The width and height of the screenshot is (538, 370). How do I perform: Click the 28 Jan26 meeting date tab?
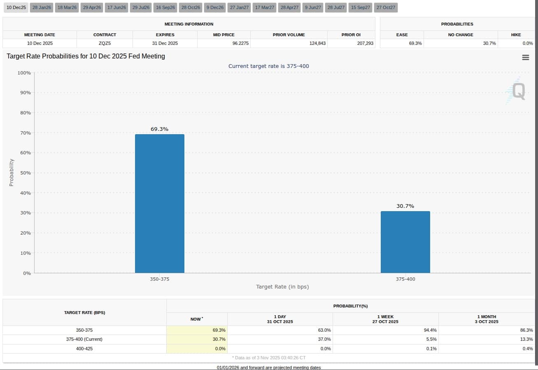coord(42,7)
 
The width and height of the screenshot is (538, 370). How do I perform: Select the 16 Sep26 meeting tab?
coord(165,7)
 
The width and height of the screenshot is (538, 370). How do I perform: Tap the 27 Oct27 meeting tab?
coord(386,7)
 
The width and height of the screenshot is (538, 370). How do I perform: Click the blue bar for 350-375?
coord(160,203)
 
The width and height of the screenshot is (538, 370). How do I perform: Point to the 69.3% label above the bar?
coord(159,129)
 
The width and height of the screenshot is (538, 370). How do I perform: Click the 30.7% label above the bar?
coord(405,206)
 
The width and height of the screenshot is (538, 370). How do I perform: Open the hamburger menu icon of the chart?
coord(525,58)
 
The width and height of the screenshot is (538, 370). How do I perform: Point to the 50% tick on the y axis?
coord(25,173)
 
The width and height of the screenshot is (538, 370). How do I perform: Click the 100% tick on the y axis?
coord(24,73)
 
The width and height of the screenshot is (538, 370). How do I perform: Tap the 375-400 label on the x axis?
coord(405,279)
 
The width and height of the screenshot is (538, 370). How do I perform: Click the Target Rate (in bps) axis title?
coord(282,287)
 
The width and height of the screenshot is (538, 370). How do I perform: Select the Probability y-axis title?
coord(12,172)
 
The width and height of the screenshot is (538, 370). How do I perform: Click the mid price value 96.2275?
coord(240,43)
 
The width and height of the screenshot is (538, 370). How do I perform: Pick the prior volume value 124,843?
coord(317,43)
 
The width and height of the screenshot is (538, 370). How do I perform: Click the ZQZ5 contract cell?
coord(105,43)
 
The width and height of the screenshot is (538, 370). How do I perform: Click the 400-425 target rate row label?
coord(84,349)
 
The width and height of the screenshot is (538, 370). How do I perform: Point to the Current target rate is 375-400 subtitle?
coord(268,66)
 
